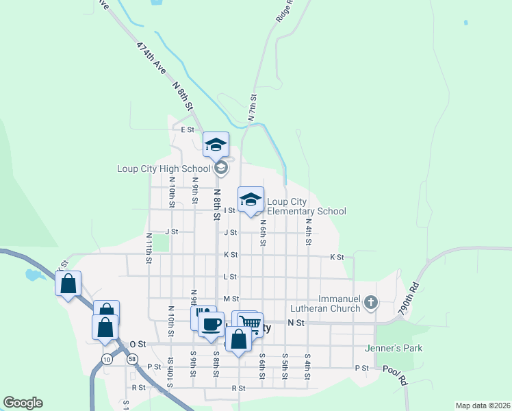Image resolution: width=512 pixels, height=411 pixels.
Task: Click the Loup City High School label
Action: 164,169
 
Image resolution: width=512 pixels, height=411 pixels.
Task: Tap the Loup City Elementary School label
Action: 306,206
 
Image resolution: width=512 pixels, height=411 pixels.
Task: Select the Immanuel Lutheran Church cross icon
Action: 370,301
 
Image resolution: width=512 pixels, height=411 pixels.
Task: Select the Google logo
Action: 23,403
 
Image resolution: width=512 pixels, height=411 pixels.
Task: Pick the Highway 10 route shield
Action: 107,359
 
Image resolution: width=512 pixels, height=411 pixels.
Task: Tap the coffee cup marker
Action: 212,323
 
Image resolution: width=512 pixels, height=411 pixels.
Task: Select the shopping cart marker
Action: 251,323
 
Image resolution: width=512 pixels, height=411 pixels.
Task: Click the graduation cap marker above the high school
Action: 216,144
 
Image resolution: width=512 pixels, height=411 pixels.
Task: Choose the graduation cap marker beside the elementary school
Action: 251,199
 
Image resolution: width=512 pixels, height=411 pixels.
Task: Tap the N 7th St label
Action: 253,108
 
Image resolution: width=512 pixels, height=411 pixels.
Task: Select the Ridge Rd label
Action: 285,12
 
